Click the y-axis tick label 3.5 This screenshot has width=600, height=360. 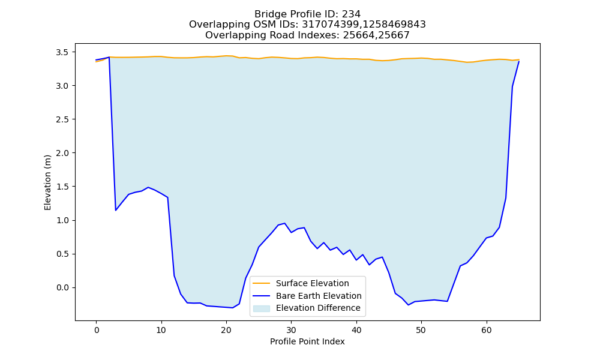tap(62, 52)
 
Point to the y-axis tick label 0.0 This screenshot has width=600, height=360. tap(62, 287)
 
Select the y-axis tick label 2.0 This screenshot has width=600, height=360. tap(62, 153)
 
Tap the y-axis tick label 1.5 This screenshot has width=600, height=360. tap(62, 187)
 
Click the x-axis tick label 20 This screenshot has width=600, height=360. tap(226, 330)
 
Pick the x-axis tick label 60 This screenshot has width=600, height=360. tap(487, 330)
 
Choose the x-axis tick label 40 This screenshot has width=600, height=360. tap(356, 330)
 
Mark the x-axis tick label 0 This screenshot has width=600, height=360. tap(97, 330)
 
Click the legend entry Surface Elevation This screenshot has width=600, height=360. tap(312, 283)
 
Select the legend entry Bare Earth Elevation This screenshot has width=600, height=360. tap(319, 296)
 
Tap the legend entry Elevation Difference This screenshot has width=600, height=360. tap(318, 308)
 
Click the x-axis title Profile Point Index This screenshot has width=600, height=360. tap(307, 341)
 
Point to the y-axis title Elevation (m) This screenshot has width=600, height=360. tap(47, 182)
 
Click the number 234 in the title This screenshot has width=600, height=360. tap(352, 14)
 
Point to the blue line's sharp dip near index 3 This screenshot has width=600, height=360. tap(116, 211)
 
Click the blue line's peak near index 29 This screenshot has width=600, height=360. tap(284, 223)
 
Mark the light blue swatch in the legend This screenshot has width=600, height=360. tap(262, 308)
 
